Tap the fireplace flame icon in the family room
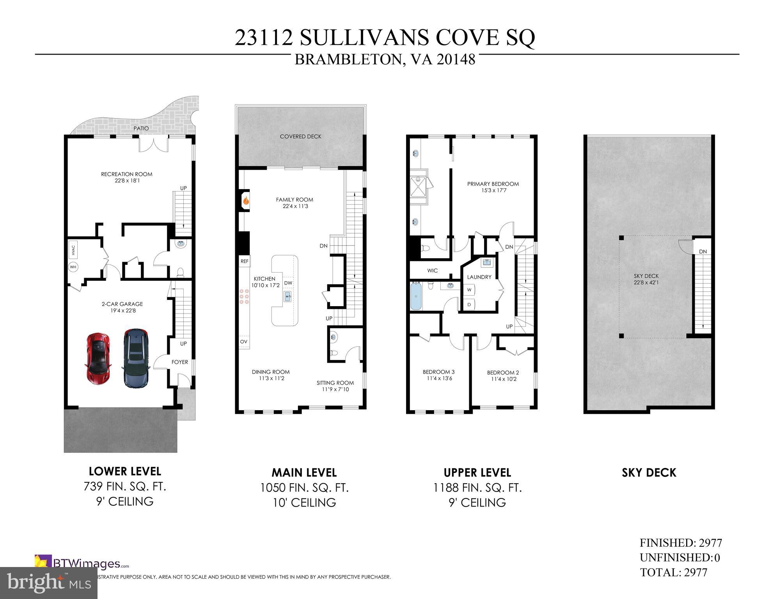pyautogui.click(x=246, y=201)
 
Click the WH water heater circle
pyautogui.click(x=73, y=267)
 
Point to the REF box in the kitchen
pyautogui.click(x=244, y=261)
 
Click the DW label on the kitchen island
pyautogui.click(x=288, y=283)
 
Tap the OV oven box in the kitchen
pyautogui.click(x=244, y=341)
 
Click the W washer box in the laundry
pyautogui.click(x=469, y=290)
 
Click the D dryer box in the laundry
pyautogui.click(x=469, y=304)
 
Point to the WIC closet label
pyautogui.click(x=433, y=270)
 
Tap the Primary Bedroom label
pyautogui.click(x=493, y=184)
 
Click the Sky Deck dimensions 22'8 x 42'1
pyautogui.click(x=646, y=282)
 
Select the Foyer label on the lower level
pyautogui.click(x=180, y=362)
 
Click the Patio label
pyautogui.click(x=141, y=128)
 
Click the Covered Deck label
pyautogui.click(x=300, y=136)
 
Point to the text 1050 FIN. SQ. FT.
pyautogui.click(x=304, y=488)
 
